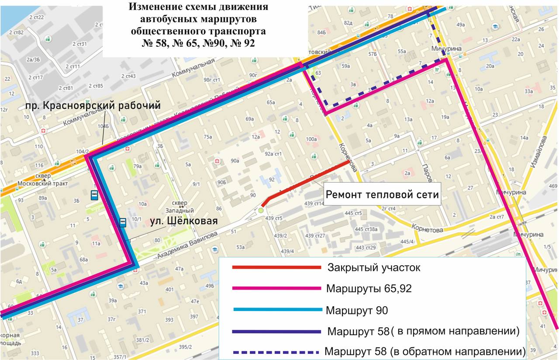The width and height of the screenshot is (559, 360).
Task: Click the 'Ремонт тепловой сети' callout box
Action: click(x=382, y=195)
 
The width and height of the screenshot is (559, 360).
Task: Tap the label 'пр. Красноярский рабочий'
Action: click(x=93, y=106)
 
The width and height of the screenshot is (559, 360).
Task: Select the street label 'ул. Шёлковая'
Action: click(x=183, y=221)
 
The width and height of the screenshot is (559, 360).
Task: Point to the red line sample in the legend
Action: click(x=276, y=267)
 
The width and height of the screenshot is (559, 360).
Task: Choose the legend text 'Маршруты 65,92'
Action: click(x=369, y=288)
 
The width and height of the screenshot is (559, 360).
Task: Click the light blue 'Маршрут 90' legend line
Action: click(x=278, y=310)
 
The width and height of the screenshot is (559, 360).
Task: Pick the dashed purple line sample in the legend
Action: click(x=276, y=352)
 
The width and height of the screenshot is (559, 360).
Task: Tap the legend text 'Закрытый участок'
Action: click(x=373, y=267)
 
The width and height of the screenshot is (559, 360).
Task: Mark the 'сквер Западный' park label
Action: click(x=179, y=207)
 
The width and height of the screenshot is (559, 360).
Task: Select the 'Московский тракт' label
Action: click(x=43, y=183)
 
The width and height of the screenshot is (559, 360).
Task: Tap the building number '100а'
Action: click(x=311, y=139)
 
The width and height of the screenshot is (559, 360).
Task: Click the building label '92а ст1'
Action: click(x=274, y=154)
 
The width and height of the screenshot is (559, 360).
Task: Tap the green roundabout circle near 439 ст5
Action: click(x=261, y=211)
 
